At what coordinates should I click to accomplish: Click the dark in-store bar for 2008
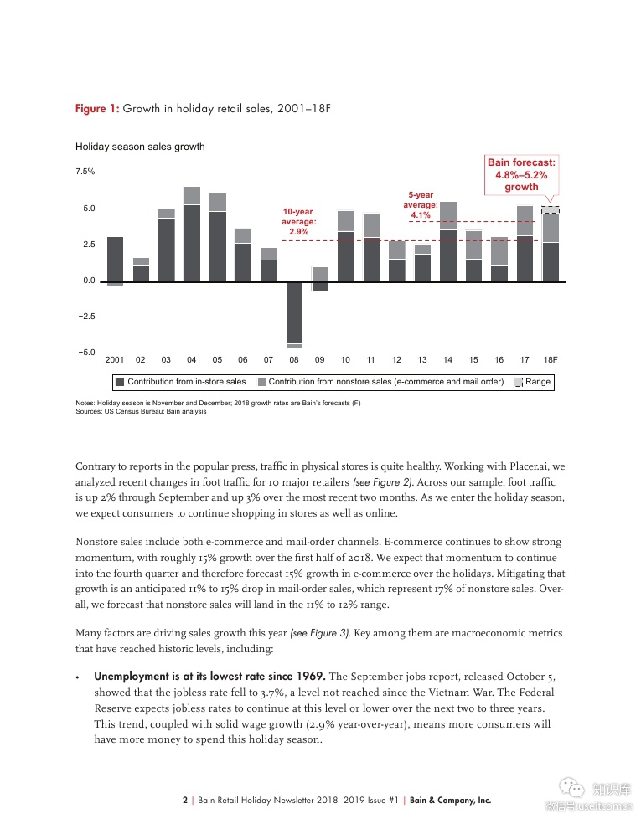pos(294,312)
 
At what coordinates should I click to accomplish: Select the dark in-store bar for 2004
pos(192,243)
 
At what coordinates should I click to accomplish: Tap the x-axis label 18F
pos(551,359)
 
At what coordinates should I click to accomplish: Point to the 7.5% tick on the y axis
pos(85,172)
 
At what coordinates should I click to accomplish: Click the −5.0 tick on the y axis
pos(85,353)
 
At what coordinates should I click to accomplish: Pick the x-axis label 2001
pos(115,359)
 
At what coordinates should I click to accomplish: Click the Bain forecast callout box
pos(521,174)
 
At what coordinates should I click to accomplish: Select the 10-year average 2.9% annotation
pos(297,221)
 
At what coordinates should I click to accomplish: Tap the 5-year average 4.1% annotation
pos(421,205)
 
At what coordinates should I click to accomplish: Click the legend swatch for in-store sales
pos(121,382)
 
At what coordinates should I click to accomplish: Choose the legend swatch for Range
pos(518,382)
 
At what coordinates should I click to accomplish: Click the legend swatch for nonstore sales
pos(262,382)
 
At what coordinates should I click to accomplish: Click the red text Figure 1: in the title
pos(97,109)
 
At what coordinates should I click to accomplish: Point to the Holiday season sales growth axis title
pos(140,147)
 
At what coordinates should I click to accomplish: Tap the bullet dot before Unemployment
pos(78,677)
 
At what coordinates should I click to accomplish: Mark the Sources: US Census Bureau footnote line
pos(141,411)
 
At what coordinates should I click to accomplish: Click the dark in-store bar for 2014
pos(448,255)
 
